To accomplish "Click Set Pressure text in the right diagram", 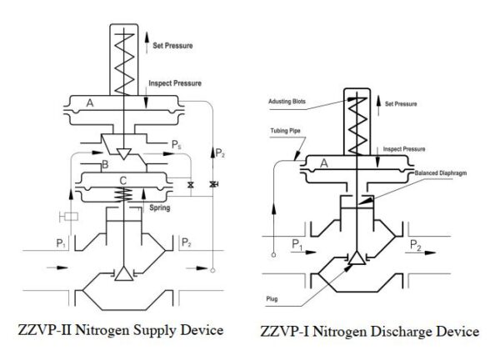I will [406, 105].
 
